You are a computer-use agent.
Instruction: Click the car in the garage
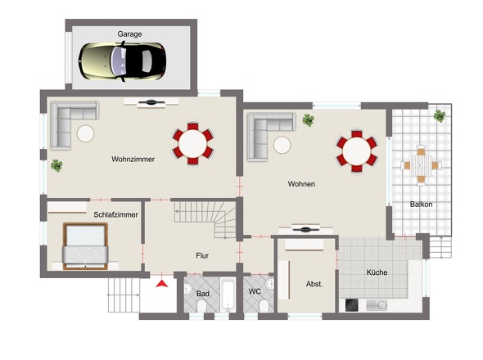pyautogui.click(x=122, y=61)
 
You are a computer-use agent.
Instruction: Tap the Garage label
pyautogui.click(x=129, y=34)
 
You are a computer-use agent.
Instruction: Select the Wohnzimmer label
pyautogui.click(x=133, y=160)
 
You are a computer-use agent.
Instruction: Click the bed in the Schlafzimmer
pyautogui.click(x=85, y=246)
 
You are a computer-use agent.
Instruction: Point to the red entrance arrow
pyautogui.click(x=162, y=284)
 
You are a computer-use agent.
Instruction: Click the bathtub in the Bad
pyautogui.click(x=228, y=295)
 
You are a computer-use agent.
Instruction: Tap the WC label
pyautogui.click(x=255, y=291)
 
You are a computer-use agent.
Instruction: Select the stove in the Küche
pyautogui.click(x=351, y=305)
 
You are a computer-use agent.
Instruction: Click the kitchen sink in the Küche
pyautogui.click(x=377, y=305)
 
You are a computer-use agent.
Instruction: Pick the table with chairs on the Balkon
pyautogui.click(x=421, y=165)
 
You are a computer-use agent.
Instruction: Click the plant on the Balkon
pyautogui.click(x=440, y=116)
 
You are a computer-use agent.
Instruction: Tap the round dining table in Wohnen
pyautogui.click(x=357, y=151)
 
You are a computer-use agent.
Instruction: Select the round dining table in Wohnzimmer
pyautogui.click(x=193, y=143)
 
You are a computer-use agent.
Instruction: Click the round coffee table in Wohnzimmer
pyautogui.click(x=85, y=133)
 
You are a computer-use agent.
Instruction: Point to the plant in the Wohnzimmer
pyautogui.click(x=56, y=165)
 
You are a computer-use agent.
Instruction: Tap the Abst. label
pyautogui.click(x=314, y=284)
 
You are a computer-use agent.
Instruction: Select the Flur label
pyautogui.click(x=202, y=255)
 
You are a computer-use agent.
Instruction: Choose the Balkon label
pyautogui.click(x=421, y=205)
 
